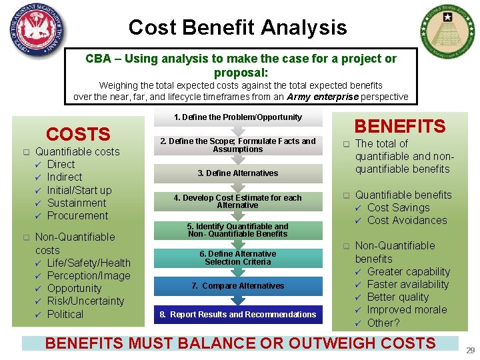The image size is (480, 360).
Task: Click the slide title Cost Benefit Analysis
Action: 237,27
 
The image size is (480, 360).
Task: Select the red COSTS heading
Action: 78,134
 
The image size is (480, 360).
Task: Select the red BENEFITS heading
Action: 399,126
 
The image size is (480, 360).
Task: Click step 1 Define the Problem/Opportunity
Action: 238,117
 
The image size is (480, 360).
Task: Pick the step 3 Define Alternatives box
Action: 238,173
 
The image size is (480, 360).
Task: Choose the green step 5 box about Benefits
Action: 238,230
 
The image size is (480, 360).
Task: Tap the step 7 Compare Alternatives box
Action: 238,286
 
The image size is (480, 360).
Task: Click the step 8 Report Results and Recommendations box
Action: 238,315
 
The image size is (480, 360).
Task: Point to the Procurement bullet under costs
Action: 77,216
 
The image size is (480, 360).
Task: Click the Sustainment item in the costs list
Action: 77,203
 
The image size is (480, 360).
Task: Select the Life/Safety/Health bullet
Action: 89,263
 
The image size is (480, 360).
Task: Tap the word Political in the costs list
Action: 65,315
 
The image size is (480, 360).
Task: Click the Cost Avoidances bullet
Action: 407,221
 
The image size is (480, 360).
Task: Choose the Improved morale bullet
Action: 407,310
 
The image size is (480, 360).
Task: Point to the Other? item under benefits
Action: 383,323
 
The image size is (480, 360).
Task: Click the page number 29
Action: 471,350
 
